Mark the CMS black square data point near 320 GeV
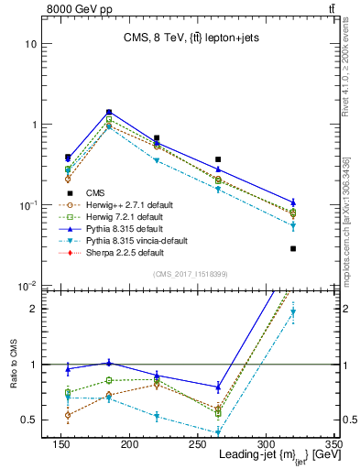pos(293,248)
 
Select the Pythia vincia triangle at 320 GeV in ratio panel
pos(293,312)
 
